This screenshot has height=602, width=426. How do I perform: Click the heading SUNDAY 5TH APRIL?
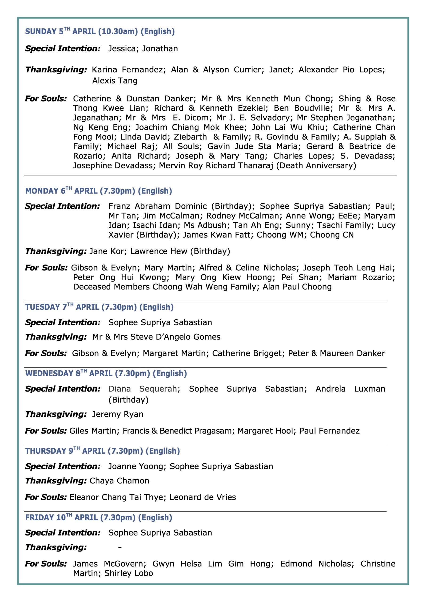100,32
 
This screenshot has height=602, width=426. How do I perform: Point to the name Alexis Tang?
115,80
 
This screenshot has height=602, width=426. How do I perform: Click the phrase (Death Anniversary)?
316,166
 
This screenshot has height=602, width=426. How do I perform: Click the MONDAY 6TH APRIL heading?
98,191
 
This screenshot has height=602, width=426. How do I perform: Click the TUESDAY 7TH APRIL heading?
99,307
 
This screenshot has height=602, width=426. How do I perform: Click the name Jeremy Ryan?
118,414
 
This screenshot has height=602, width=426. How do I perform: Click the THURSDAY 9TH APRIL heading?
102,451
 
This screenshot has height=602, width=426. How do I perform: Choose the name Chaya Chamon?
119,481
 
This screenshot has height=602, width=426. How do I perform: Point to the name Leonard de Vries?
203,497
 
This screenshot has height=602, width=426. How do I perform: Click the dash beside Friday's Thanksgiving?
120,547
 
